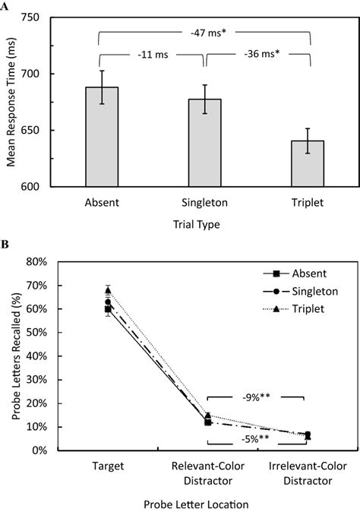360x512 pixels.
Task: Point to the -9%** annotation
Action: [257, 397]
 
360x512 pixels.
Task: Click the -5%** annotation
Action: [257, 437]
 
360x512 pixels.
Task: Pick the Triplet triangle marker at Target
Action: [108, 290]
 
